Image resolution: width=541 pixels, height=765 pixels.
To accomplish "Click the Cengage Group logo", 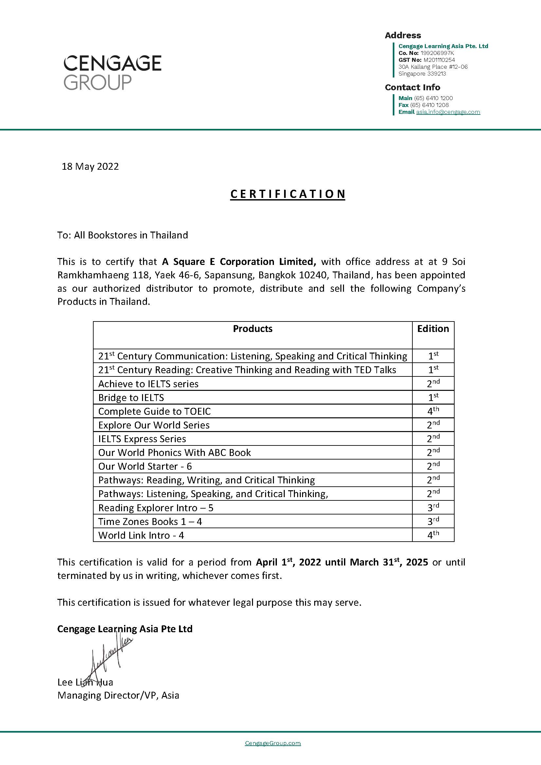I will tap(112, 72).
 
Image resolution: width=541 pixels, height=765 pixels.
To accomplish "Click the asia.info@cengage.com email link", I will tap(448, 112).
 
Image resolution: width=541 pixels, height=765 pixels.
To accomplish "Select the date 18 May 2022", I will tap(90, 166).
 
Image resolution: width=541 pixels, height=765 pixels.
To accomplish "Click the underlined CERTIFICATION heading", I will tap(288, 194).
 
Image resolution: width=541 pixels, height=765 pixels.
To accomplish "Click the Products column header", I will tap(252, 329).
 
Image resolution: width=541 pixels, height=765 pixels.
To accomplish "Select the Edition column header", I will tap(433, 329).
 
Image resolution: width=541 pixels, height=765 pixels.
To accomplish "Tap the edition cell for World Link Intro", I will tap(433, 535).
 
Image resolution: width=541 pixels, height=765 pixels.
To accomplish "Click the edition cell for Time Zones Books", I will tap(433, 521).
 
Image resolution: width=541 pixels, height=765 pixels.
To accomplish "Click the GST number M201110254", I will tap(439, 60).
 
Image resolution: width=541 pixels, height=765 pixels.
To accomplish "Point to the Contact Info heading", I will tap(412, 87).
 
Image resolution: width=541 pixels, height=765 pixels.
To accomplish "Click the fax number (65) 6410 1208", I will tap(429, 105).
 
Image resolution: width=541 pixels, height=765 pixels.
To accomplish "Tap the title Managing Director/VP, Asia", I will tap(118, 695).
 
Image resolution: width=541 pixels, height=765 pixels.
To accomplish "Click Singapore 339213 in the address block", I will tap(422, 74).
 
